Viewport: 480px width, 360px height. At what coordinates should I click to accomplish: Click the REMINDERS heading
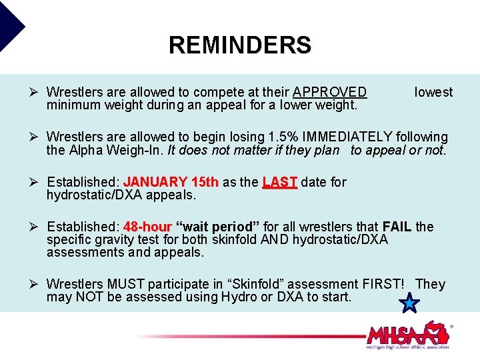coord(239,45)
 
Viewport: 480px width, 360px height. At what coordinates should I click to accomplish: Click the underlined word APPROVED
coord(329,92)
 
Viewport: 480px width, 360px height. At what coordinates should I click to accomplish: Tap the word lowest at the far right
coord(433,92)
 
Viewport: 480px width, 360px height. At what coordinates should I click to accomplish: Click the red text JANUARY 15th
coord(171,182)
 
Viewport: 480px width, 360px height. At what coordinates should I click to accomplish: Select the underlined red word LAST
coord(279,182)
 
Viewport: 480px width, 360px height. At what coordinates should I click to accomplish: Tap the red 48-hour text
coord(147,227)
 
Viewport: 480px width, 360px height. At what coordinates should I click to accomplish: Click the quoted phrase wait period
coord(219,227)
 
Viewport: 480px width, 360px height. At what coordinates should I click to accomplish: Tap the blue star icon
coord(409,304)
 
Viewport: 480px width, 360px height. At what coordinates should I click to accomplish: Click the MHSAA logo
coord(408,335)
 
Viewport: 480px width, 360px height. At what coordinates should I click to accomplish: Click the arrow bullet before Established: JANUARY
coord(37,182)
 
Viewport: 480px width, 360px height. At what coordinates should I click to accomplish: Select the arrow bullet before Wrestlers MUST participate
coord(37,284)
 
